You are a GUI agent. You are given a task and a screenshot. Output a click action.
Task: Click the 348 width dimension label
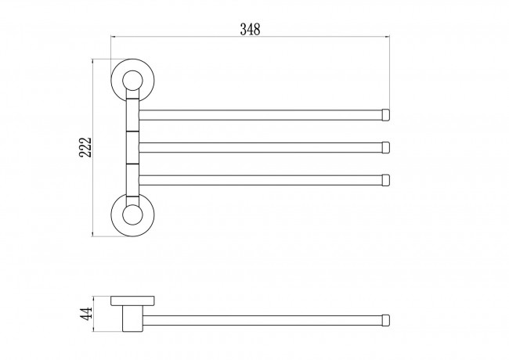click(250, 29)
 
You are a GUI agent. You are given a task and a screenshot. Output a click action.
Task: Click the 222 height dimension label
click(85, 148)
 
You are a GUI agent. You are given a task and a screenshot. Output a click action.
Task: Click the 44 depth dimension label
click(86, 314)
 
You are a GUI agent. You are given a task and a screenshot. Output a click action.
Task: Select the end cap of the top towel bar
click(385, 115)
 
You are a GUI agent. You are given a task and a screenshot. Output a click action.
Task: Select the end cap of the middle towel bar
click(385, 148)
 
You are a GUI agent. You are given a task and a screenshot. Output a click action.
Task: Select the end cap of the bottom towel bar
click(385, 180)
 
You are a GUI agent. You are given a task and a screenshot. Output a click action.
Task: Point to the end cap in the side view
click(385, 320)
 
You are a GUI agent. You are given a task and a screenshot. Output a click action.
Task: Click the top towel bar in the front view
click(260, 115)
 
